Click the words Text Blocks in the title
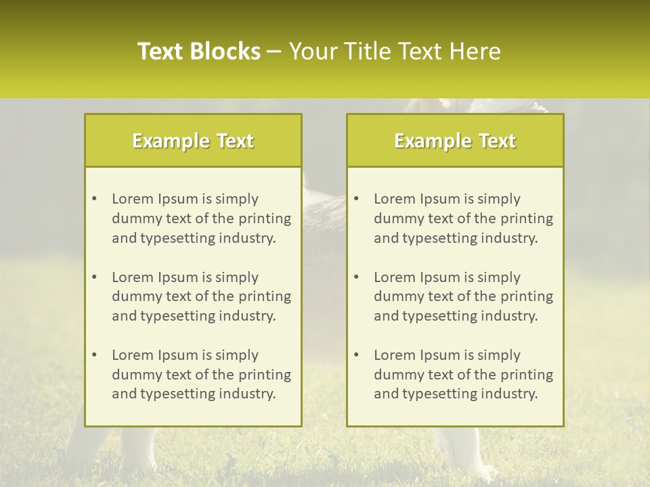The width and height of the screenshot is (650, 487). coord(199,51)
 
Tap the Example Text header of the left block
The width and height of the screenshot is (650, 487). coord(193,141)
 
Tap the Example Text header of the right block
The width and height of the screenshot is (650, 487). coord(455,141)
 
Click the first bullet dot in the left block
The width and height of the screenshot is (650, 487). coord(94,199)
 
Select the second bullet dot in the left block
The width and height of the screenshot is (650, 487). coord(94,277)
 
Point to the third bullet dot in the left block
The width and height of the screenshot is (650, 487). coord(94,355)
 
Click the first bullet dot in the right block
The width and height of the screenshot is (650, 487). coord(356,199)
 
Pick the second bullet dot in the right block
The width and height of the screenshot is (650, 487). coord(356,277)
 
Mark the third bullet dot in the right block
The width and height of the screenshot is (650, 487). coord(356,355)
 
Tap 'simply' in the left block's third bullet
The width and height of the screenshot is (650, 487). coord(237,355)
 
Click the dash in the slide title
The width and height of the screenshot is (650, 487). coord(275,51)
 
